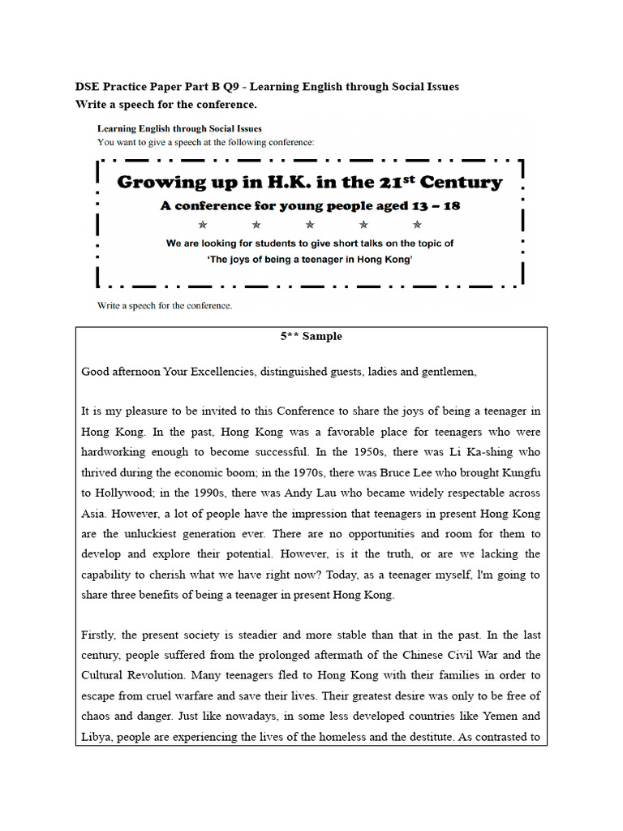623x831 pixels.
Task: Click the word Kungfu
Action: [x=519, y=472]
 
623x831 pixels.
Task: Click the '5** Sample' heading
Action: [x=311, y=336]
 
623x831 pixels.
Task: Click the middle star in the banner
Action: [x=310, y=225]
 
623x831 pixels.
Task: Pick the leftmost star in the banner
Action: [x=203, y=225]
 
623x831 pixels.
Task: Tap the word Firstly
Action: [x=100, y=635]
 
